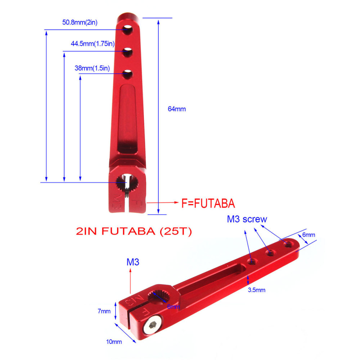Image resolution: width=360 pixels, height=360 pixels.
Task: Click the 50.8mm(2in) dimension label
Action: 80,22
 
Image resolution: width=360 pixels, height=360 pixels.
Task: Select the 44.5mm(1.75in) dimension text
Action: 93,44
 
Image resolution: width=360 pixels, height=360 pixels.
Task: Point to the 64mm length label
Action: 177,109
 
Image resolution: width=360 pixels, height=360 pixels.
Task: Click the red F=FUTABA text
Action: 208,204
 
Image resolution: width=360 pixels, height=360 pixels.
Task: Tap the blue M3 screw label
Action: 247,219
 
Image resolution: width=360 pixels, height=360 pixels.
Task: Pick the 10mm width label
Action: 114,341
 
